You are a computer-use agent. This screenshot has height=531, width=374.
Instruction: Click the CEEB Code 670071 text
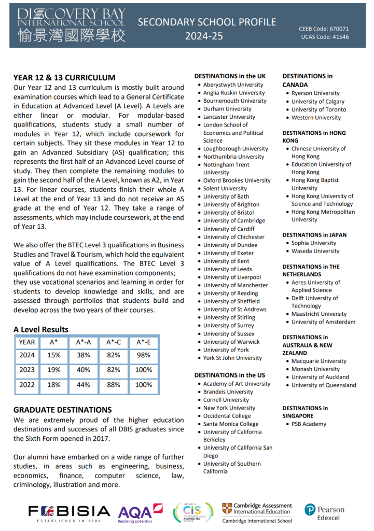coord(324,29)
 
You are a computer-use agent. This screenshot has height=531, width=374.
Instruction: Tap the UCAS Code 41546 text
coord(325,37)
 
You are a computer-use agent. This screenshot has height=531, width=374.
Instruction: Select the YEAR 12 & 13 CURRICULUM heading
coord(64,78)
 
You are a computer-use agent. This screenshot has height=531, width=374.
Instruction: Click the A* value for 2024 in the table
coord(54,355)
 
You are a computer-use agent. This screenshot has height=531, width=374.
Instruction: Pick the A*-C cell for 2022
coord(114,385)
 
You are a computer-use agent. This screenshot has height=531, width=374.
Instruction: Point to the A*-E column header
coord(144,342)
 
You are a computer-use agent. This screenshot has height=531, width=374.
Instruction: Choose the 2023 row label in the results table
coord(27,370)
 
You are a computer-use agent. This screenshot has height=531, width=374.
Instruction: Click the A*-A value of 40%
coord(84,370)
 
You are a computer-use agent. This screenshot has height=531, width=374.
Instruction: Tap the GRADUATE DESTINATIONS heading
coord(63,410)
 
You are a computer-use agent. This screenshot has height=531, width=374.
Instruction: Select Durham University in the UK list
coord(227,109)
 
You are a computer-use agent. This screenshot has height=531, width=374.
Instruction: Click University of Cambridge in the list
coord(234,220)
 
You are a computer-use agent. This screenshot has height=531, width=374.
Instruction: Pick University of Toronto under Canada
coord(318,109)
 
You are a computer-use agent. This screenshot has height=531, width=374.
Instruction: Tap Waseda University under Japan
coord(315,251)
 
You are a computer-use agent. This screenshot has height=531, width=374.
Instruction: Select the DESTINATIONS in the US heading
coord(229,375)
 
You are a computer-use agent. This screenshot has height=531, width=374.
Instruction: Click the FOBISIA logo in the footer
coord(70,512)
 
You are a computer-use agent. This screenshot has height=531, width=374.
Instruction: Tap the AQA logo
coord(141,512)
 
